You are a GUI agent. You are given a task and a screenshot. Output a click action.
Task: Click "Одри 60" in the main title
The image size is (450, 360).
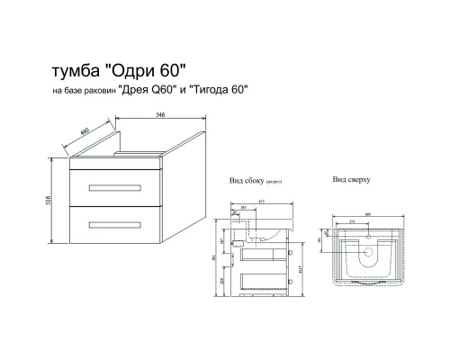point(148,71)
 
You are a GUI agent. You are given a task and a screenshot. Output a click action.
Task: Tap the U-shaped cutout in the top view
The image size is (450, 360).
point(369,256)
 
